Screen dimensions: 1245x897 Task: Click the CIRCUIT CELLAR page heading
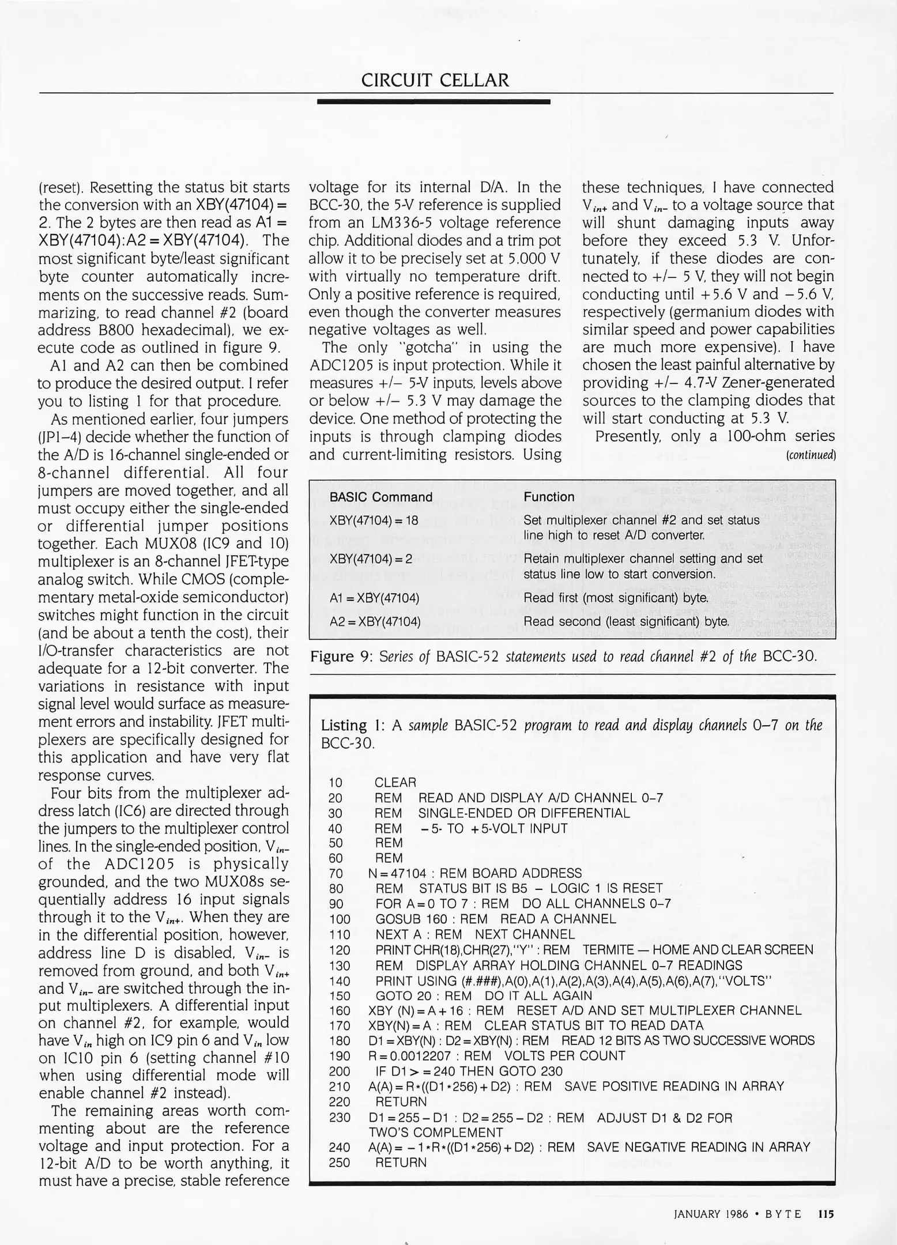coord(435,80)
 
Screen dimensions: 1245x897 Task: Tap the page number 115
coord(826,1214)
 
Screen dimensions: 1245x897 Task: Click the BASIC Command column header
coord(380,497)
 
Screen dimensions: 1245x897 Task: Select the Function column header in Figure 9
coord(549,497)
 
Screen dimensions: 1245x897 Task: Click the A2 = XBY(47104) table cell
coord(375,621)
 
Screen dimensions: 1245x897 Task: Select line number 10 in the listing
coord(335,783)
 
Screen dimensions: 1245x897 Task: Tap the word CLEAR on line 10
coord(395,783)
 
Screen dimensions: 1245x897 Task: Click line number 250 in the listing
coord(339,1163)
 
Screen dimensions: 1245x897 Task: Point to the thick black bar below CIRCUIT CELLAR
coord(434,101)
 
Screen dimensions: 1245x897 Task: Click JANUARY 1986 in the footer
coord(711,1214)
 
